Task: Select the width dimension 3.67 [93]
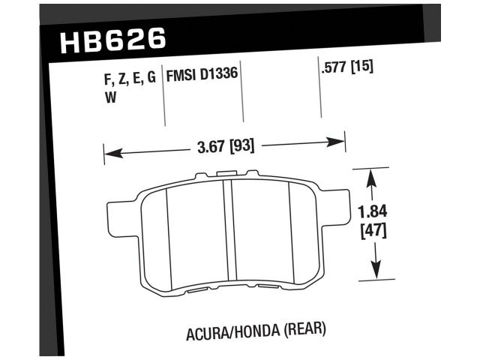tap(225, 146)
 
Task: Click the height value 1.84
tap(372, 212)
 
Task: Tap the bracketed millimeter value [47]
tap(373, 231)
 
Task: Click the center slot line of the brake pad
tap(229, 232)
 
